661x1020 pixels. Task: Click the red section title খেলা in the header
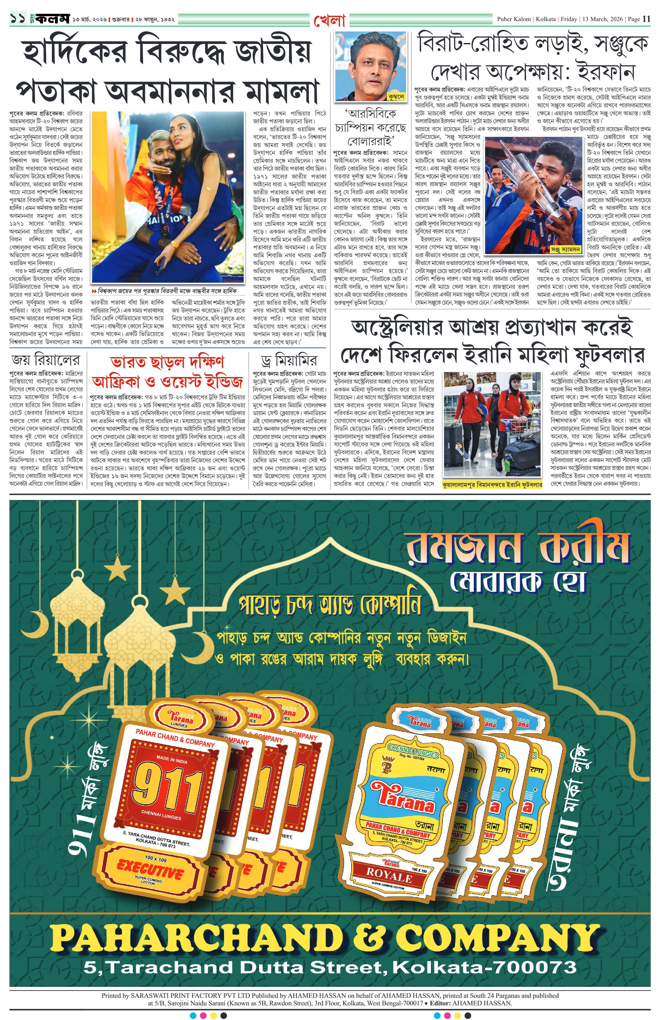pos(330,19)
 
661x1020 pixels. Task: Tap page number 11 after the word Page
pos(646,19)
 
